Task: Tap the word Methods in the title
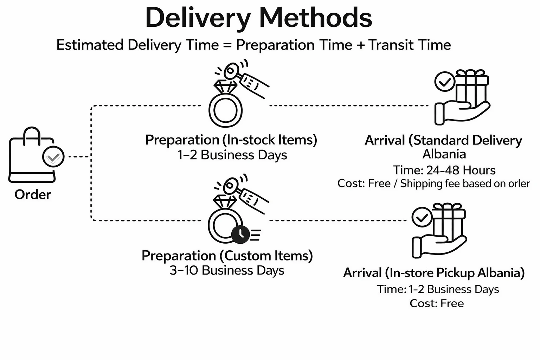[316, 18]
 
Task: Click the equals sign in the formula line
[227, 45]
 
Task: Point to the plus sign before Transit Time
[360, 45]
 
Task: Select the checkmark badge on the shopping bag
[53, 157]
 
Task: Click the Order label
[33, 194]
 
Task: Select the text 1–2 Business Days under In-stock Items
[232, 155]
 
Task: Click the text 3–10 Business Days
[227, 270]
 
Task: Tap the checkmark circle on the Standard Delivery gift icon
[445, 82]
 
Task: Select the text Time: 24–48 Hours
[444, 170]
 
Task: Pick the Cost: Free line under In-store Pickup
[437, 303]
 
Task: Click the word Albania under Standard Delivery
[444, 154]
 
